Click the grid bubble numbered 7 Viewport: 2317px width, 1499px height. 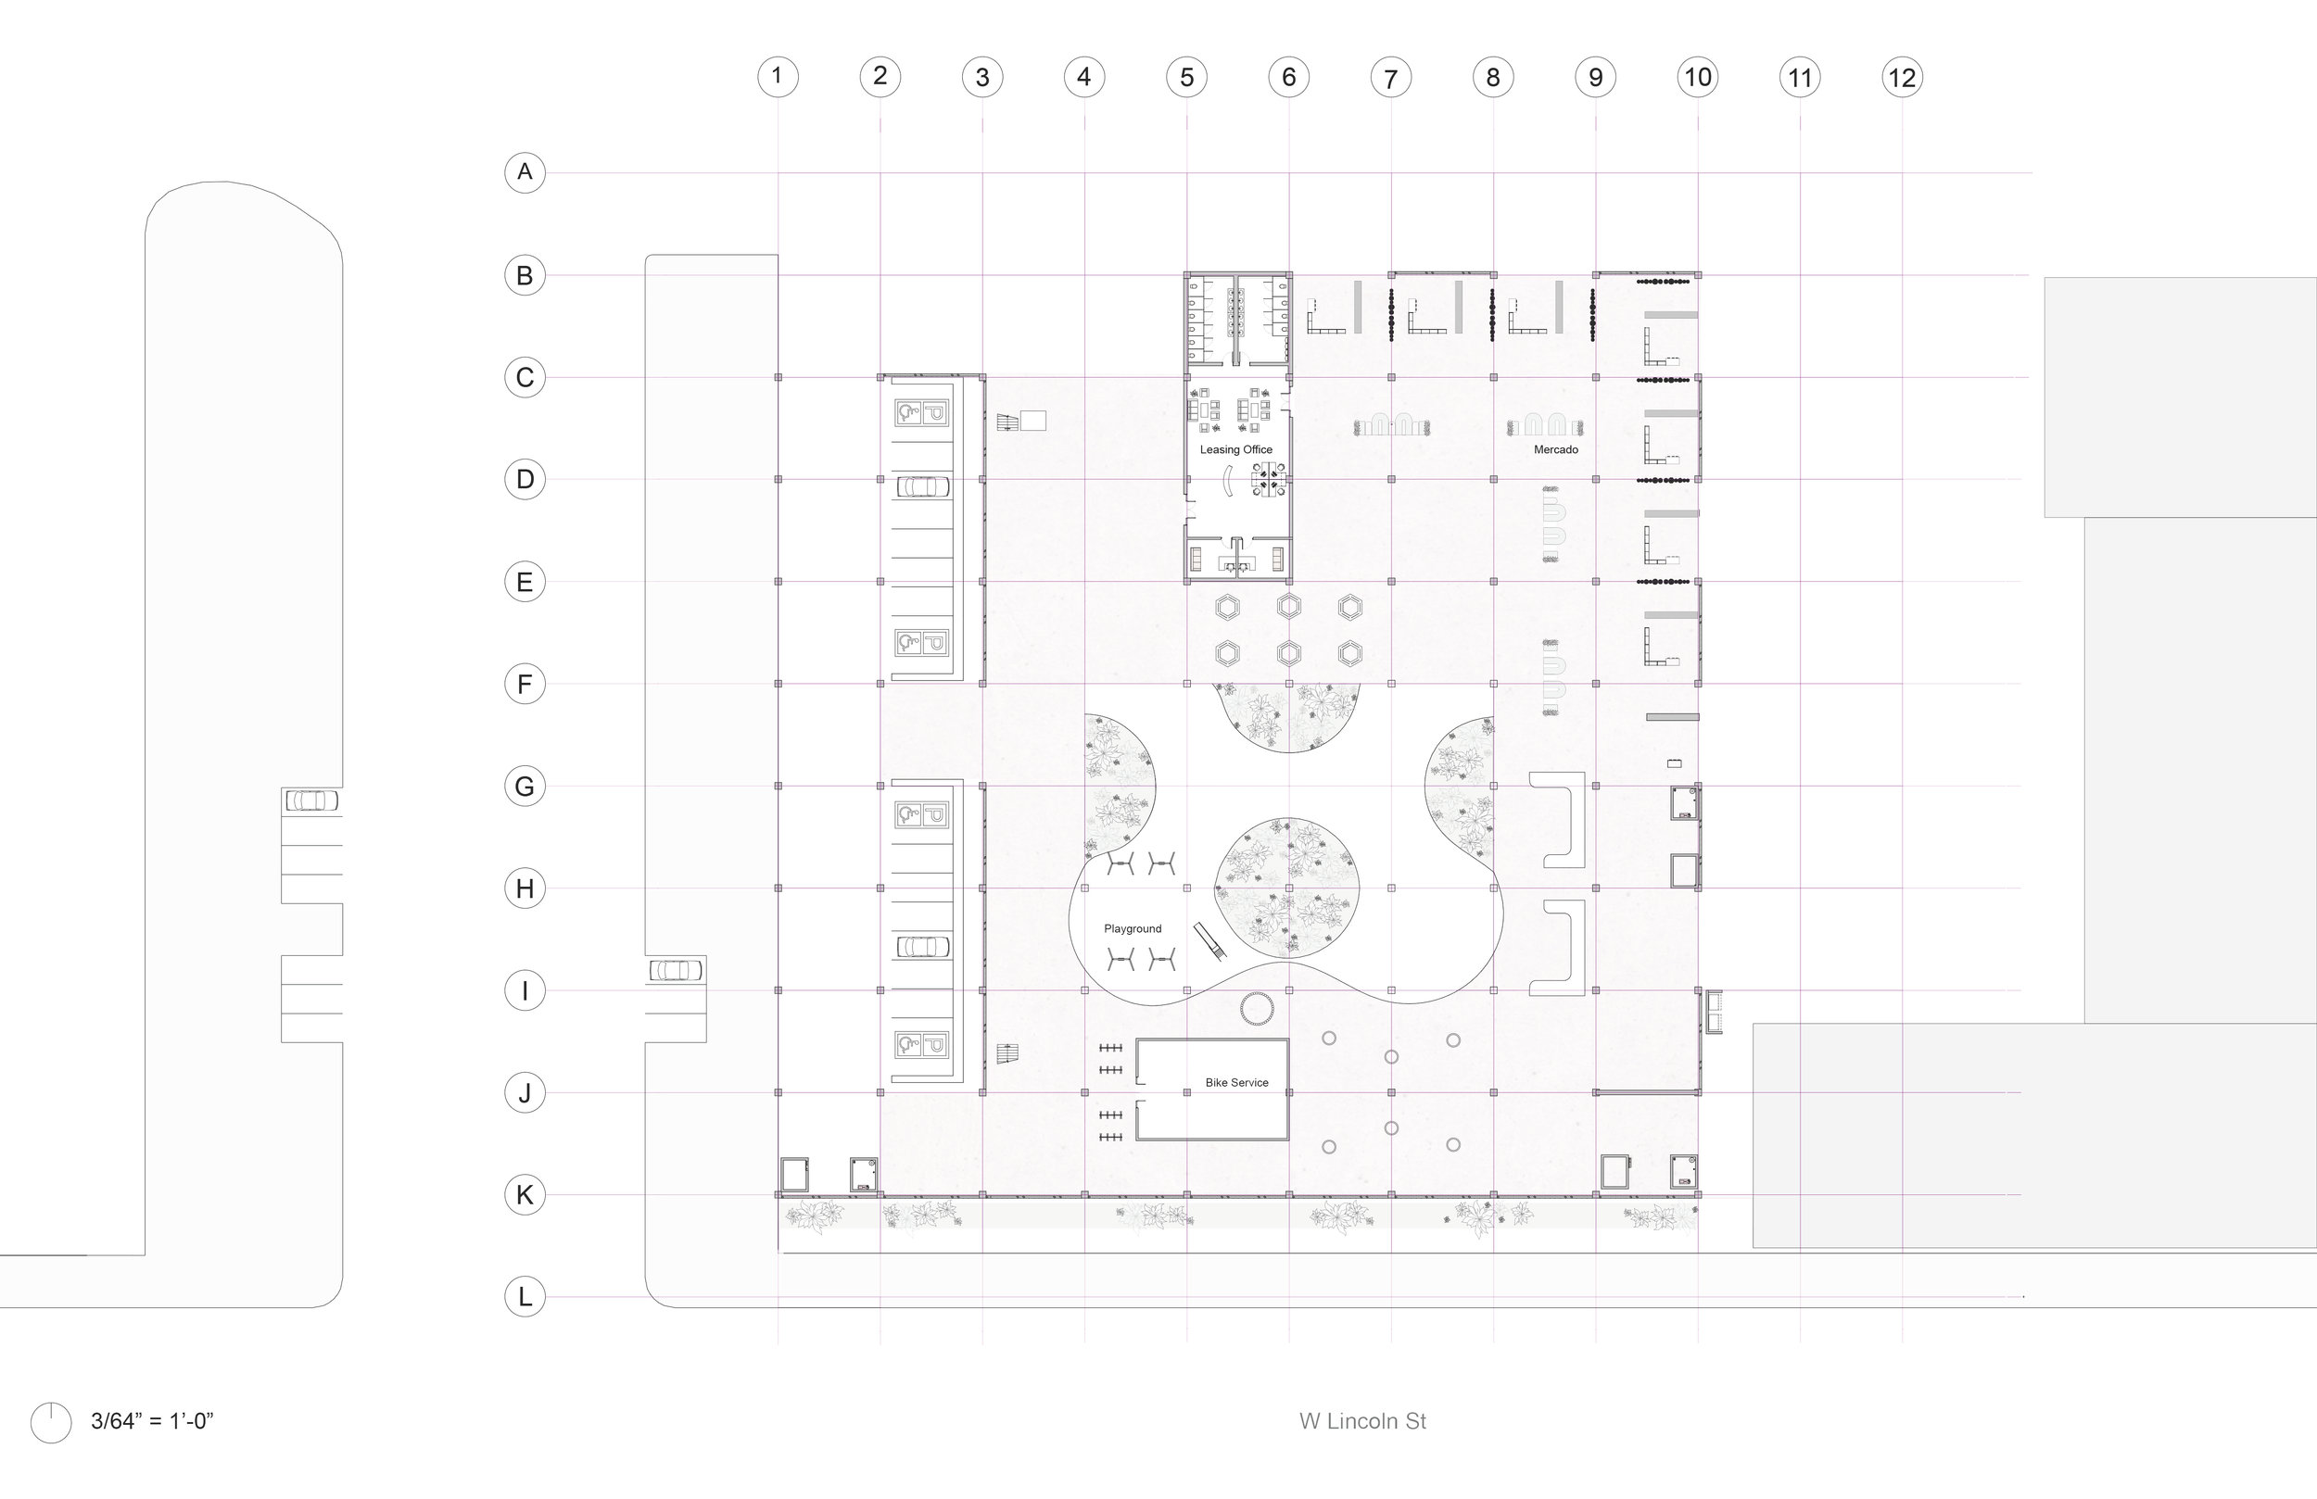1390,78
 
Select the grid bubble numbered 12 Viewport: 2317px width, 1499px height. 1901,78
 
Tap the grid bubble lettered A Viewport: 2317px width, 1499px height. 525,172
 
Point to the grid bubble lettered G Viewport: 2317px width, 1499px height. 525,786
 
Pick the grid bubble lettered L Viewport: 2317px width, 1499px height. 525,1296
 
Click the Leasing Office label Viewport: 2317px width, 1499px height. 1235,449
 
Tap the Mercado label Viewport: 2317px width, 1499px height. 1556,449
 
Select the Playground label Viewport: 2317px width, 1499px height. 1133,928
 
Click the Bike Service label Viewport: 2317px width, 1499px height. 1236,1082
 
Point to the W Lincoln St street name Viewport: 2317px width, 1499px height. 1362,1421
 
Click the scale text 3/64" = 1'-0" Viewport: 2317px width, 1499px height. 152,1421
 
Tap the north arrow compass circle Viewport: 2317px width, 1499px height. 51,1423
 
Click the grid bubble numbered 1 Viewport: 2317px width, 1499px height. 777,77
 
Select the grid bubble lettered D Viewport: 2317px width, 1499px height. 525,479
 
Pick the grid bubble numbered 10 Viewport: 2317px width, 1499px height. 1698,78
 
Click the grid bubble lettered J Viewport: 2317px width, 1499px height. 525,1093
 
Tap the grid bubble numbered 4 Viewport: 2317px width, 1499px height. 1083,78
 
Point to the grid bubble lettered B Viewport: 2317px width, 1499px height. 525,275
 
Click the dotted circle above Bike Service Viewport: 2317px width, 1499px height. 1257,1008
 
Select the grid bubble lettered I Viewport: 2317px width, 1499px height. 525,991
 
